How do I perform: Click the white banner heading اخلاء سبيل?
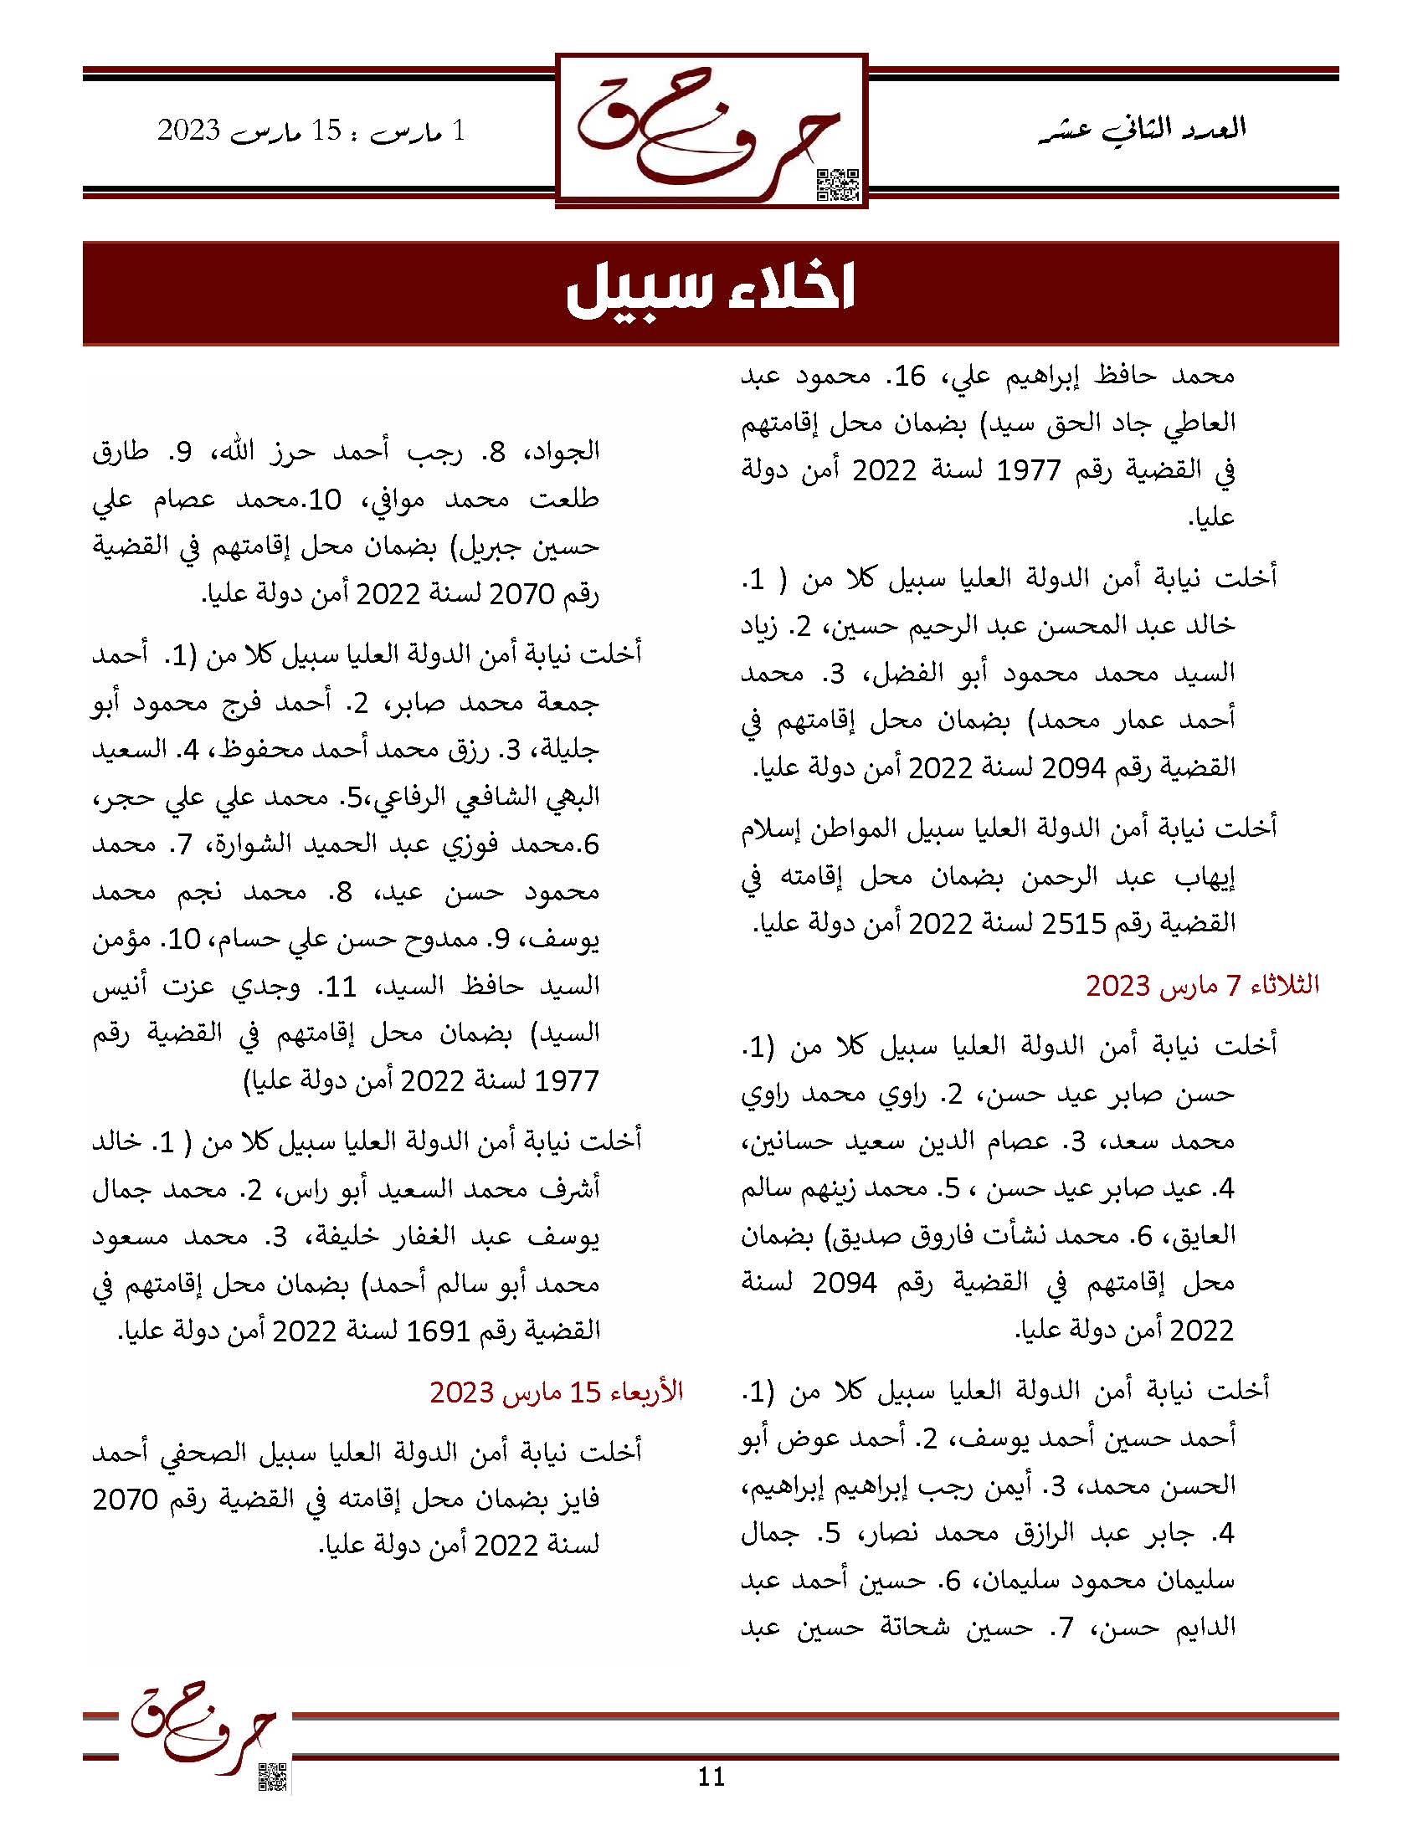click(x=711, y=291)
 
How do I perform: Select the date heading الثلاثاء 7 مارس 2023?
click(x=1201, y=986)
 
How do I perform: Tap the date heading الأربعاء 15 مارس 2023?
click(x=557, y=1392)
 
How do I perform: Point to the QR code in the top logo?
click(x=838, y=185)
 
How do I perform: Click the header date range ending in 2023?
click(x=311, y=131)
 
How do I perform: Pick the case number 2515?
click(x=1073, y=925)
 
